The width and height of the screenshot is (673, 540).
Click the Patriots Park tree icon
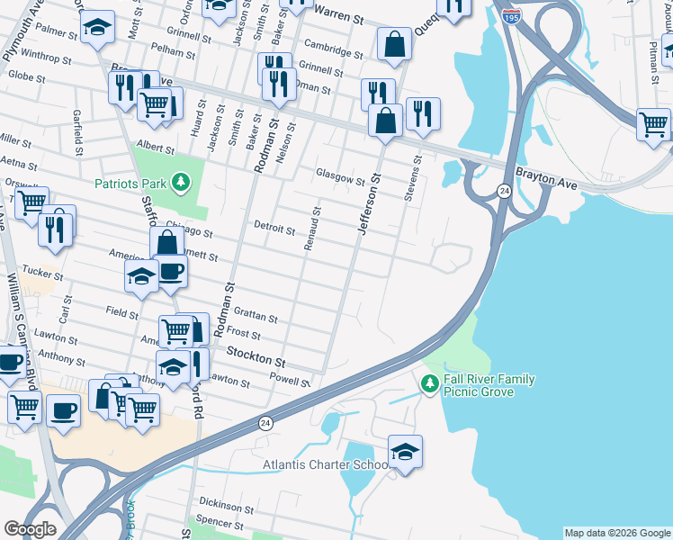[x=182, y=184]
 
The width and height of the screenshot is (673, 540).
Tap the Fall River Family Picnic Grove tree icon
[x=430, y=384]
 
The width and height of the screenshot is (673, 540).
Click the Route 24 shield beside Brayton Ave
[x=505, y=191]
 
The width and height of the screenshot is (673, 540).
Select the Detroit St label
[x=274, y=229]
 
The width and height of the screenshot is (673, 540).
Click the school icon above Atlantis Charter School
[x=406, y=450]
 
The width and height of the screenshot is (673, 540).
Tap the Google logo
[x=30, y=528]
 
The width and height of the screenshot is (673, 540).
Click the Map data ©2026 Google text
[x=616, y=533]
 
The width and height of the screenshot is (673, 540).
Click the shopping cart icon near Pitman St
[x=653, y=124]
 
